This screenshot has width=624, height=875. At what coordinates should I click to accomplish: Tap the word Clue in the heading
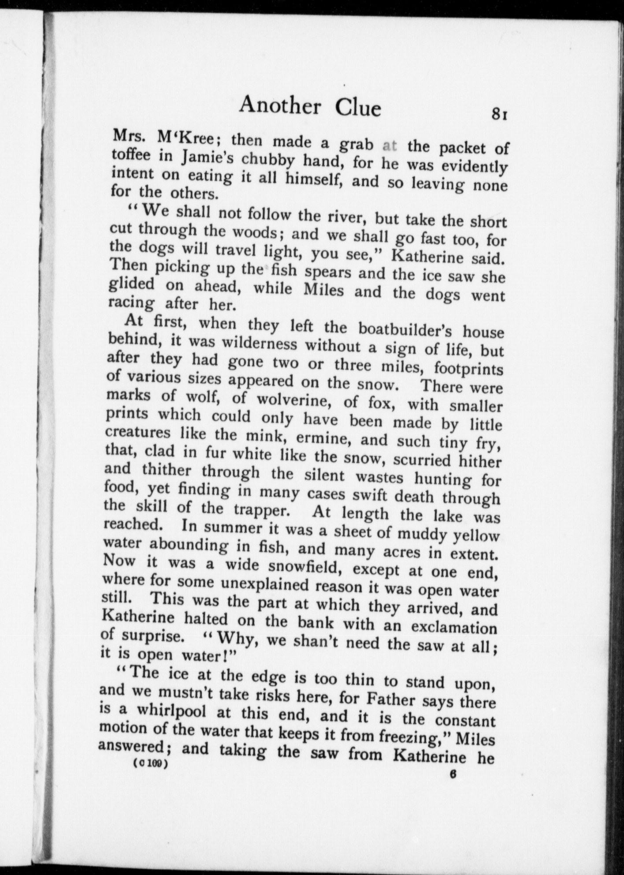click(x=358, y=108)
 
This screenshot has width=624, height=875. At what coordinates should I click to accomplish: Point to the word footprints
click(x=468, y=367)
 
